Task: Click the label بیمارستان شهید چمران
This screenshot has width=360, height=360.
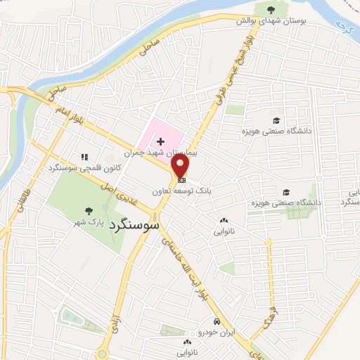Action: point(162,152)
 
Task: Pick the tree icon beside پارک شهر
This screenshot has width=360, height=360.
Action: point(88,210)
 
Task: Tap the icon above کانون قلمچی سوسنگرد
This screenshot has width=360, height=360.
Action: point(84,157)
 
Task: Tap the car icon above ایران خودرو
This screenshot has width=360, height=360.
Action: point(219,321)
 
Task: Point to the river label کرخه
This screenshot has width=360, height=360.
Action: point(342,30)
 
